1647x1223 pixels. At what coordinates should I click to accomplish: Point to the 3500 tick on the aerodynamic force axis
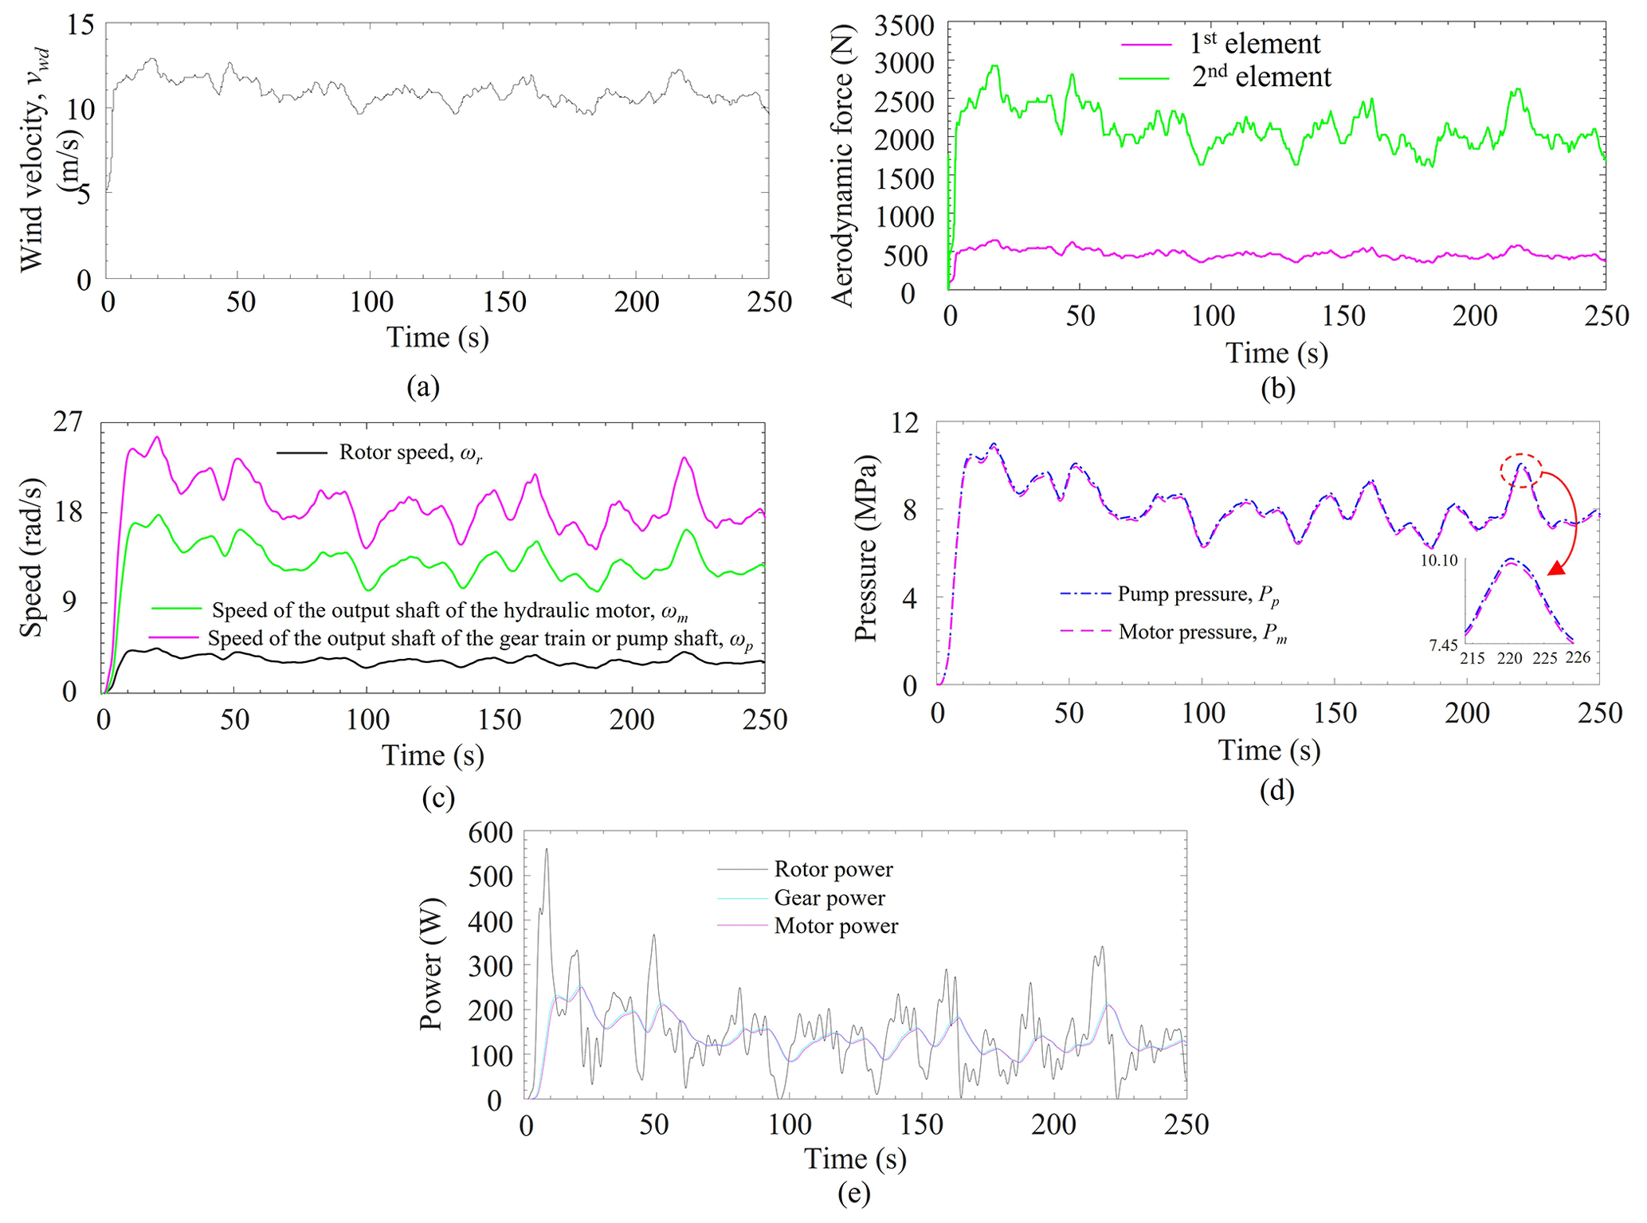click(904, 26)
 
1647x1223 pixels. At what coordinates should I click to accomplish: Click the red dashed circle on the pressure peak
click(1521, 471)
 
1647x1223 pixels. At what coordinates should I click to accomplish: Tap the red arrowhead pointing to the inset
click(1556, 567)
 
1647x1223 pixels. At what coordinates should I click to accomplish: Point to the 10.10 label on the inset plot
click(1438, 561)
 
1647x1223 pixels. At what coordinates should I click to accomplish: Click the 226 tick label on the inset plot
click(1578, 657)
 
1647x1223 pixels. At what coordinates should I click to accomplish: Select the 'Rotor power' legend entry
click(833, 869)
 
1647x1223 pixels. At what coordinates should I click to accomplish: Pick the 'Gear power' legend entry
click(829, 898)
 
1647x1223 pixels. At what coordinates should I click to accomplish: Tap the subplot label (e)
click(853, 1193)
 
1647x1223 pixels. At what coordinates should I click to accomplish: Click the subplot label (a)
click(422, 387)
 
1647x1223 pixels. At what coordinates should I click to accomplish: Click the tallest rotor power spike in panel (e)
click(547, 850)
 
